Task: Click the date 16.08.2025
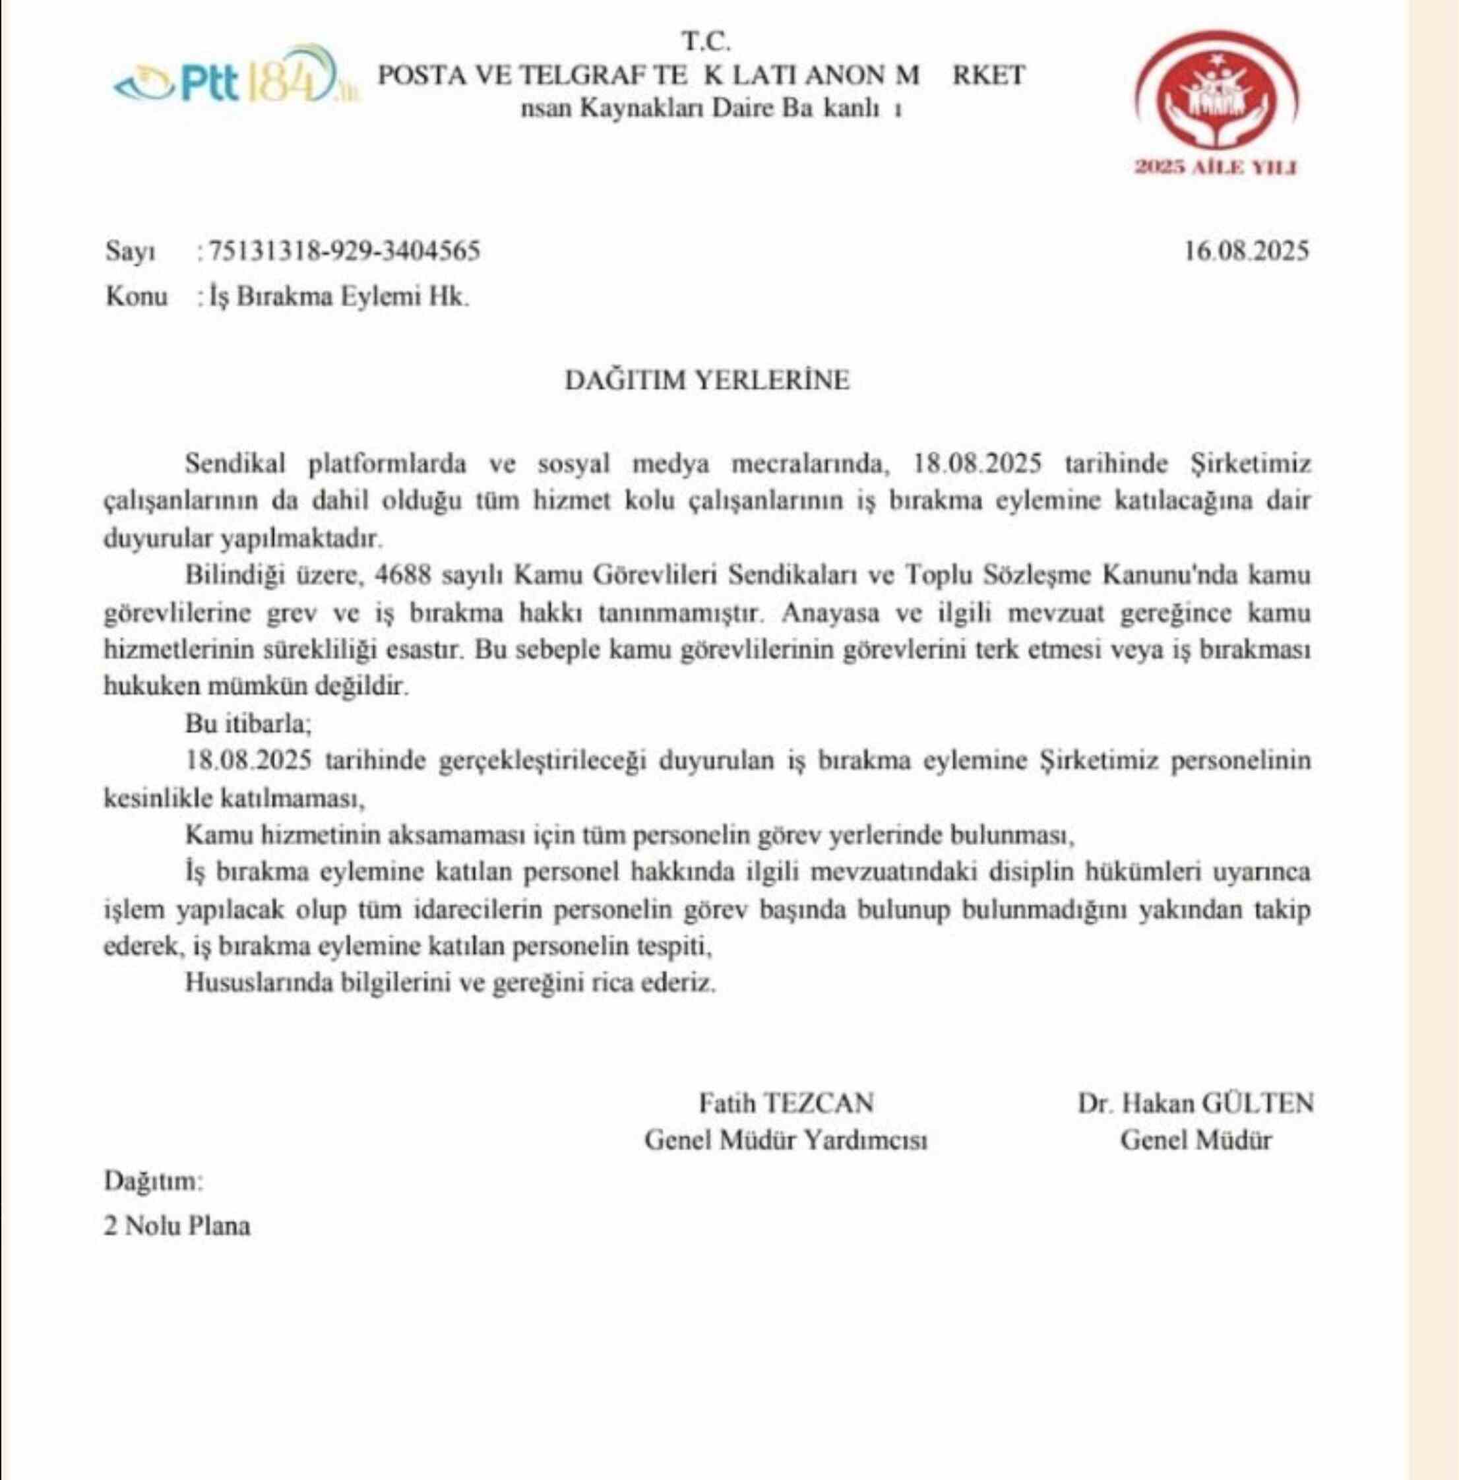coord(1247,251)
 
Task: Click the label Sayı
coord(131,252)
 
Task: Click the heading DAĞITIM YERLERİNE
coord(706,381)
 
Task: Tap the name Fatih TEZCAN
coord(786,1103)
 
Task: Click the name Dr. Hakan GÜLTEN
coord(1195,1103)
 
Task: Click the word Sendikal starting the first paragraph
coord(235,464)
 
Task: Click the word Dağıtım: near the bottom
coord(153,1181)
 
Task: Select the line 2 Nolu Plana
coord(177,1227)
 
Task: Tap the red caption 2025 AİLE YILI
coord(1216,168)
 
